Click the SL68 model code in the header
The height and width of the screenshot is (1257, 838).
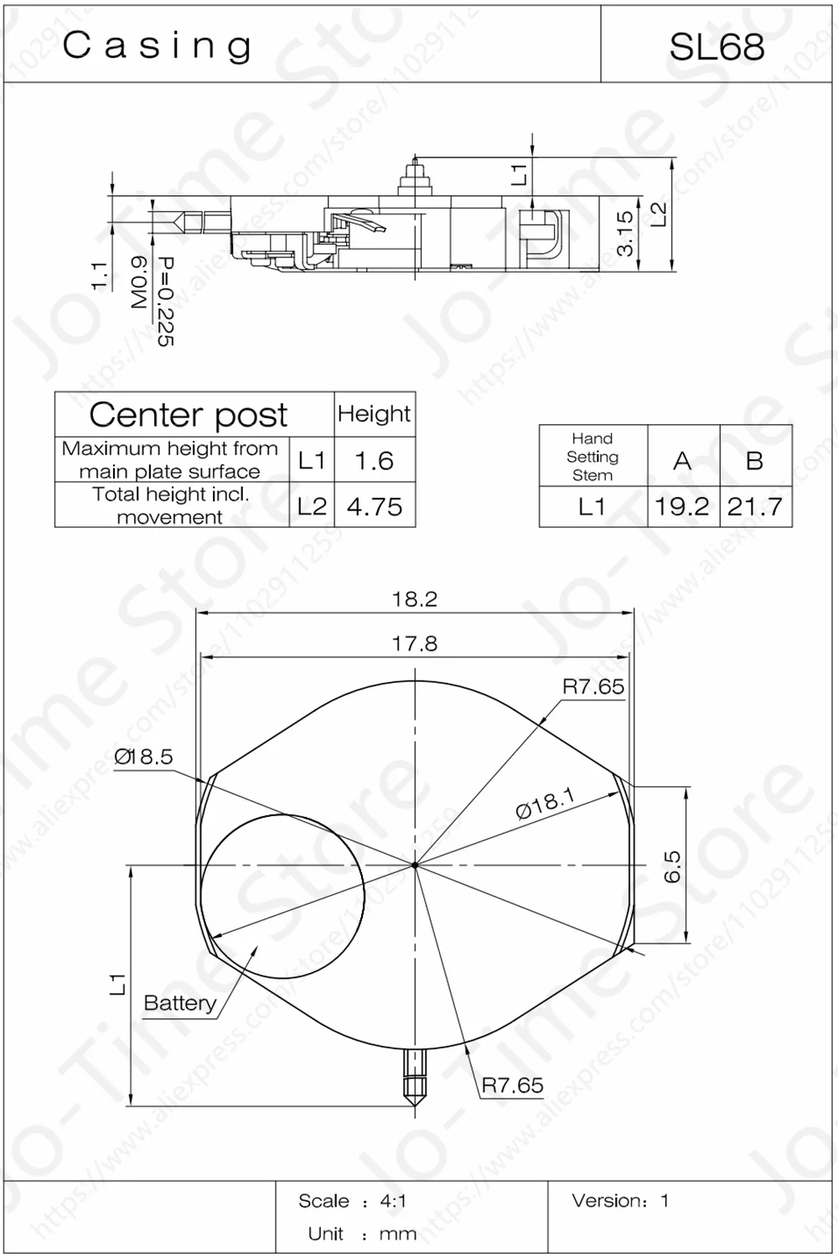click(x=716, y=47)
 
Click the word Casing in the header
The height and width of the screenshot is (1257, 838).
click(x=158, y=46)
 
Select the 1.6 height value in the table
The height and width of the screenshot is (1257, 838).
click(x=374, y=460)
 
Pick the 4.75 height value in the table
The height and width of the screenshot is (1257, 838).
click(x=374, y=506)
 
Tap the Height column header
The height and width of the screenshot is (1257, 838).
click(x=374, y=414)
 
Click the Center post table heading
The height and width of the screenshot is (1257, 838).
click(x=189, y=414)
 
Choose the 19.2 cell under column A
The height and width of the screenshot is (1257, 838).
click(x=682, y=506)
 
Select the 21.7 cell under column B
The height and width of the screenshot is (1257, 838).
click(x=755, y=506)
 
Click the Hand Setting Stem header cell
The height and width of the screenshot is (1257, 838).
click(x=592, y=457)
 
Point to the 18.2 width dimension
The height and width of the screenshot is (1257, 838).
click(x=415, y=599)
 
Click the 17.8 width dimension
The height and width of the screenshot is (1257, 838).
click(x=415, y=644)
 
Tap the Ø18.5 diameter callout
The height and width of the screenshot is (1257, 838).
click(x=143, y=757)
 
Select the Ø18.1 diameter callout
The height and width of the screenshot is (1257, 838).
click(x=545, y=804)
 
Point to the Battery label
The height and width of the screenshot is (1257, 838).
click(x=179, y=1003)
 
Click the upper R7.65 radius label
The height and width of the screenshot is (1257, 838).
click(x=592, y=687)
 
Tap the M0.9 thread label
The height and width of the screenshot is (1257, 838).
click(x=139, y=282)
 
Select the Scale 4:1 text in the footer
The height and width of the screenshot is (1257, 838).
click(x=352, y=1201)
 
